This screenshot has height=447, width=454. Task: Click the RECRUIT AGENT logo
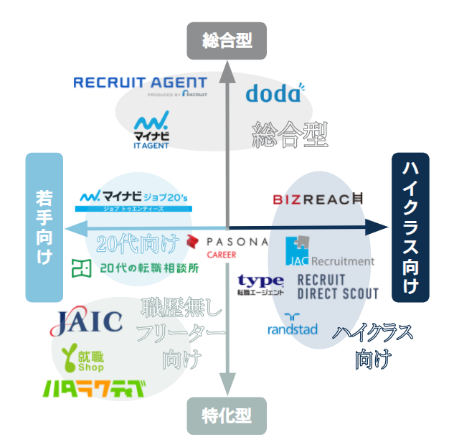pyautogui.click(x=140, y=85)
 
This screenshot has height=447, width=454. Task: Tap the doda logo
pyautogui.click(x=273, y=93)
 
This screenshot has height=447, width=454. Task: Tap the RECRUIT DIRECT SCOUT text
pyautogui.click(x=336, y=286)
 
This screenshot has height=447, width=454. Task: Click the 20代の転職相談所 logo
pyautogui.click(x=134, y=269)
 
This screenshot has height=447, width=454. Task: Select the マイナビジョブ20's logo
pyautogui.click(x=134, y=198)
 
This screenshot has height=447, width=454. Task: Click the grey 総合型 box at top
pyautogui.click(x=227, y=40)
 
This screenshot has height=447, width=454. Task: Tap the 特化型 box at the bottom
pyautogui.click(x=227, y=416)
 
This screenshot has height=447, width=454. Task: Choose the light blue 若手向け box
pyautogui.click(x=44, y=227)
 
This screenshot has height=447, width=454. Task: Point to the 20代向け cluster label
pyautogui.click(x=137, y=243)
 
